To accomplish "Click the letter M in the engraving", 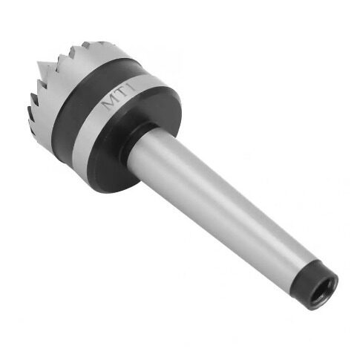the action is tap(110, 103).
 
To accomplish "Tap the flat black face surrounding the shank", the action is tap(134, 139).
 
